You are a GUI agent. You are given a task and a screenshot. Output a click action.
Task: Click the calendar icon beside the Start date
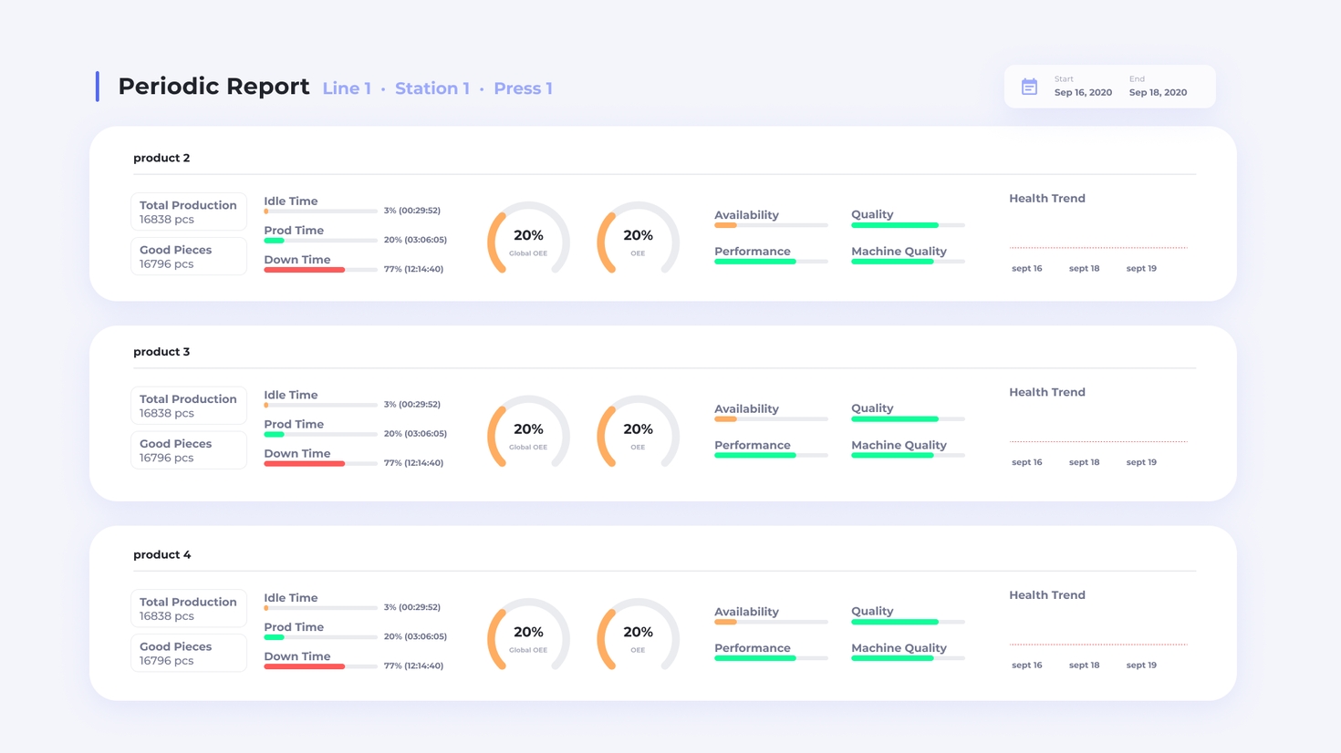pos(1029,87)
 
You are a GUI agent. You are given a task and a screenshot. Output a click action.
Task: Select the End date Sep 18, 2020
pos(1158,92)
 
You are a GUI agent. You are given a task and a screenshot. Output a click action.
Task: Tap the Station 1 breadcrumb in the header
pos(432,88)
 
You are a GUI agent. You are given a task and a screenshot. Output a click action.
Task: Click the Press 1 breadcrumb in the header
pos(523,88)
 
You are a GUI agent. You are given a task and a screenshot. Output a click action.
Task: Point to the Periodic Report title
pos(213,87)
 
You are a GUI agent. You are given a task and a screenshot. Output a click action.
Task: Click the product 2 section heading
pos(161,158)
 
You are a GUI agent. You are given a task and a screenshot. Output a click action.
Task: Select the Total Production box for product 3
pos(189,406)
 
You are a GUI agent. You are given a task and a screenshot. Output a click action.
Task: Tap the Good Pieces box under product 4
pos(189,653)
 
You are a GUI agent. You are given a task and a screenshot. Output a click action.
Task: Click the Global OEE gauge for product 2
pos(528,240)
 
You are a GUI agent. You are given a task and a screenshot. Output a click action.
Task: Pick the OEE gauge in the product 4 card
pos(638,636)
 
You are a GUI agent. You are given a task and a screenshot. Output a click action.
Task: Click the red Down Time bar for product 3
pos(304,464)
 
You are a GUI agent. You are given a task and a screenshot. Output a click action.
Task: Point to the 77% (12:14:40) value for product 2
pos(413,269)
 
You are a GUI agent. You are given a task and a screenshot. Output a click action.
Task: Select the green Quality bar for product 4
pos(894,622)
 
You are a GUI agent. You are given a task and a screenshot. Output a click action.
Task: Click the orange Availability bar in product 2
pos(725,225)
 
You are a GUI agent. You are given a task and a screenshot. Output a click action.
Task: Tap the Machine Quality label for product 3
pos(899,445)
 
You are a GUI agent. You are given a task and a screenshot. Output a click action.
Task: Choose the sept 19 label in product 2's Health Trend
pos(1141,268)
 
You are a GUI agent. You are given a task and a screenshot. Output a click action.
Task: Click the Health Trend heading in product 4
pos(1046,595)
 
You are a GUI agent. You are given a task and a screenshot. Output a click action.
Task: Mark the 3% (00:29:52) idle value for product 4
pos(411,607)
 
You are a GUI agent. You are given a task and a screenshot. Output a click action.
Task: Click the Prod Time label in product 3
pos(294,425)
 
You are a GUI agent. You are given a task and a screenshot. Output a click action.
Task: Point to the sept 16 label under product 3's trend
pos(1026,462)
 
